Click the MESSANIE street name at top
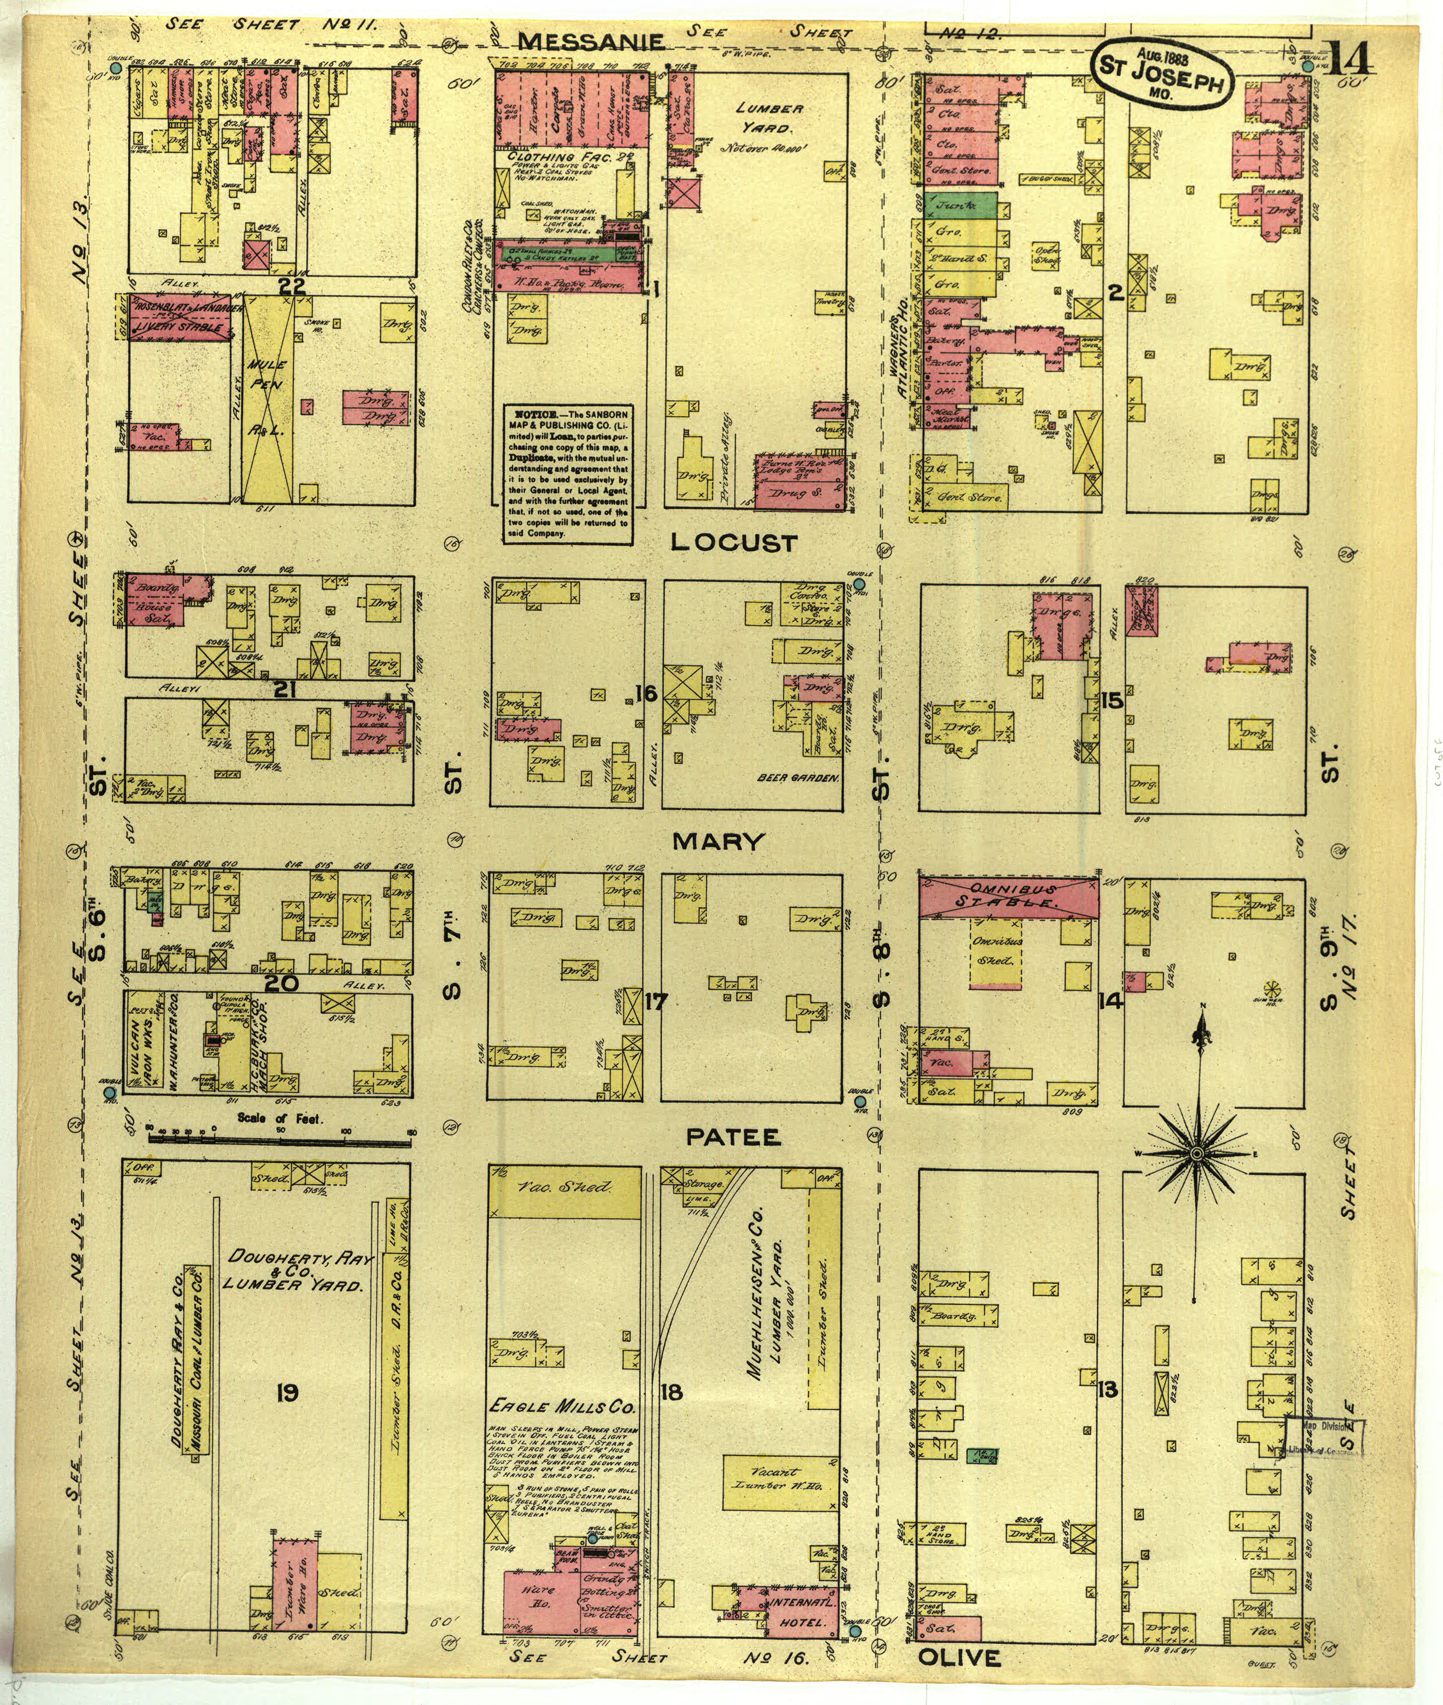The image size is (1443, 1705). pyautogui.click(x=593, y=41)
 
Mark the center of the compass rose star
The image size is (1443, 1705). pyautogui.click(x=1196, y=1154)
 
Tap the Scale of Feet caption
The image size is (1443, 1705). pyautogui.click(x=280, y=1118)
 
